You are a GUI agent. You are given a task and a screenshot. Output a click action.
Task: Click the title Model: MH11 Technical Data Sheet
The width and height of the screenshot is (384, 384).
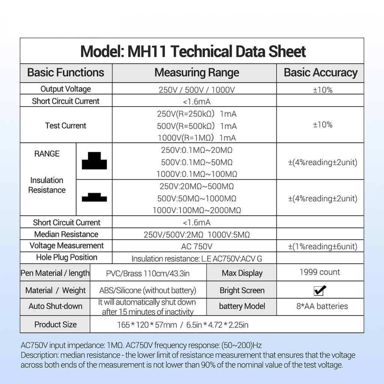(193, 51)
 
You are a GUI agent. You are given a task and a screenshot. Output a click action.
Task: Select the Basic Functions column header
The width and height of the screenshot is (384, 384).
(66, 72)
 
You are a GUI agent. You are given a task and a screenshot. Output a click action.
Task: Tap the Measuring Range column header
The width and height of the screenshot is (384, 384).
(196, 72)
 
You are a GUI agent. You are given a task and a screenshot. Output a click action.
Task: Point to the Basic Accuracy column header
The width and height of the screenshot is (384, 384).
(320, 72)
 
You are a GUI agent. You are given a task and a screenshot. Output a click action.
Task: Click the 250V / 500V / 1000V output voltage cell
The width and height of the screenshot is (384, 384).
(196, 90)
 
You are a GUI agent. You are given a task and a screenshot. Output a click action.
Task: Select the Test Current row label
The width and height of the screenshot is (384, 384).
(66, 126)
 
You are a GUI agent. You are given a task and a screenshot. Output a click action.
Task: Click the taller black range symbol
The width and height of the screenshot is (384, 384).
(94, 161)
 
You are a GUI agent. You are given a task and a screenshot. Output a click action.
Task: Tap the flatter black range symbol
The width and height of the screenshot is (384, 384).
(94, 198)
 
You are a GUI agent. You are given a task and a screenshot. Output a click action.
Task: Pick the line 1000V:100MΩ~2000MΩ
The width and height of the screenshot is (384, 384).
(196, 210)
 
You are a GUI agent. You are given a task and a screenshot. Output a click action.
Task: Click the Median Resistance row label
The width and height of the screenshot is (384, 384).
(66, 234)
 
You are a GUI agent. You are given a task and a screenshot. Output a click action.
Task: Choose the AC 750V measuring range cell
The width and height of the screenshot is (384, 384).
(196, 246)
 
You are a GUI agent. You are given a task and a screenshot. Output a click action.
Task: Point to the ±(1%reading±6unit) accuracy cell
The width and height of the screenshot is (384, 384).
(322, 246)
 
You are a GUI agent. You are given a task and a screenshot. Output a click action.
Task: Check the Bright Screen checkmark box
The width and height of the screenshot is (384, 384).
(320, 290)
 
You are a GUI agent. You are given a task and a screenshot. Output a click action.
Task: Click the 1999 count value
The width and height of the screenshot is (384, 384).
(319, 272)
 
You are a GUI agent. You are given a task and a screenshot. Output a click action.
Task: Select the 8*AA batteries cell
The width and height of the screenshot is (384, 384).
(322, 306)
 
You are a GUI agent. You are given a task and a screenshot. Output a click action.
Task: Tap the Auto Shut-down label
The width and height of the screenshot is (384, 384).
(55, 306)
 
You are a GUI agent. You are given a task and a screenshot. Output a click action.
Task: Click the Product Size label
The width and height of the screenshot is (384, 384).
(55, 324)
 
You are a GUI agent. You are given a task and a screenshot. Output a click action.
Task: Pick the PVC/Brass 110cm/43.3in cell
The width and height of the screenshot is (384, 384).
(148, 273)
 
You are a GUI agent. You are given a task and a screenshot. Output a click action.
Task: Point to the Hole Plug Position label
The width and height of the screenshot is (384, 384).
(66, 258)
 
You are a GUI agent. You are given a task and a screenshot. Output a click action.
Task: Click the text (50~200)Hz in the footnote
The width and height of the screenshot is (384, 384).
(243, 345)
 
